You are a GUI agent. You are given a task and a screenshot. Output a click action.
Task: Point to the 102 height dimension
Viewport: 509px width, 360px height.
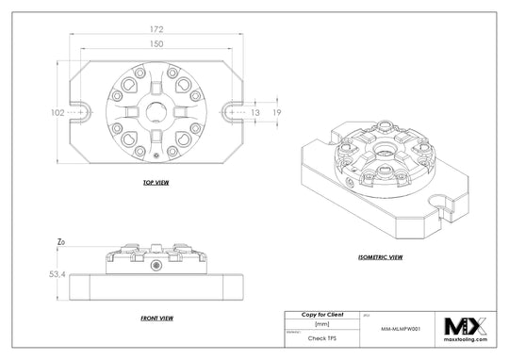tap(57, 113)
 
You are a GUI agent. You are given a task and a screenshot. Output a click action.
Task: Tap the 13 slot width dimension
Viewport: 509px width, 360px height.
tap(254, 113)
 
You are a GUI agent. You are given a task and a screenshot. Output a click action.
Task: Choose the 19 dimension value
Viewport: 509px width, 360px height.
tap(277, 113)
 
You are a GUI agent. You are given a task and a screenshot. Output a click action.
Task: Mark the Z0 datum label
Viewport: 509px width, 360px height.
tap(61, 242)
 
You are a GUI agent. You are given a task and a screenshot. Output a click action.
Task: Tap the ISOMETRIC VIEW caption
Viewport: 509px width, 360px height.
tap(381, 255)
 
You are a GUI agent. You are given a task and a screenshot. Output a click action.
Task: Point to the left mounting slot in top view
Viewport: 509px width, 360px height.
tap(83, 113)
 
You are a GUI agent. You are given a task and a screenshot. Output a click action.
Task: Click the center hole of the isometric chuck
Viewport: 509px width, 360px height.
tap(386, 152)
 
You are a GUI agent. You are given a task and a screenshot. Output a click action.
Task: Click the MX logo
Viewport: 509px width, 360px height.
tap(468, 326)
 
